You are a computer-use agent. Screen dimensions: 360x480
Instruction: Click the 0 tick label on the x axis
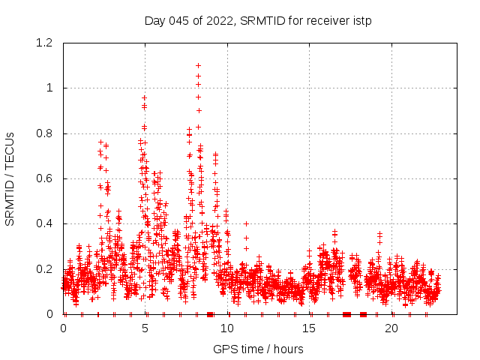pyautogui.click(x=63, y=328)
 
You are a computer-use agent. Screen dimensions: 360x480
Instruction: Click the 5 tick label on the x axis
pyautogui.click(x=145, y=328)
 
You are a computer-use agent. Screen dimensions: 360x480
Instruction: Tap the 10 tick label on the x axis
pyautogui.click(x=227, y=328)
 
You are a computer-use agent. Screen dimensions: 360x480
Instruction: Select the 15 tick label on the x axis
pyautogui.click(x=309, y=328)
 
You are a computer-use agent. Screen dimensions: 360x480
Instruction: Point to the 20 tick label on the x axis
pyautogui.click(x=391, y=328)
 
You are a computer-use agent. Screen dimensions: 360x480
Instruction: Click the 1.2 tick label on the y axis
pyautogui.click(x=48, y=43)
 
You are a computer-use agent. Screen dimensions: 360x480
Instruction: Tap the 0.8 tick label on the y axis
pyautogui.click(x=48, y=133)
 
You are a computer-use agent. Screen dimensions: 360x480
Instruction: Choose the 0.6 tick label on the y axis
pyautogui.click(x=48, y=178)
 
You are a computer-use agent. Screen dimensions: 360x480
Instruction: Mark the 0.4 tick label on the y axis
pyautogui.click(x=48, y=224)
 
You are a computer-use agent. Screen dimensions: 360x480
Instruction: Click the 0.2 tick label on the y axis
pyautogui.click(x=48, y=269)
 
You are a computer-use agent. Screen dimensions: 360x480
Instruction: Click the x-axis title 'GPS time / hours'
pyautogui.click(x=258, y=349)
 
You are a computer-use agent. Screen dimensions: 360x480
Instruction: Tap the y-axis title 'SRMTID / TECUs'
pyautogui.click(x=10, y=178)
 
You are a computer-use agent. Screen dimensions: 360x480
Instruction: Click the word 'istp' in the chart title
pyautogui.click(x=362, y=20)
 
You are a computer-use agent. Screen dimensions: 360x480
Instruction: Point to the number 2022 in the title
pyautogui.click(x=212, y=20)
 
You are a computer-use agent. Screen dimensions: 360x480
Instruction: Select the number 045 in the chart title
pyautogui.click(x=176, y=20)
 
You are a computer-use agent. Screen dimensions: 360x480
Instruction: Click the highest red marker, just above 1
pyautogui.click(x=198, y=65)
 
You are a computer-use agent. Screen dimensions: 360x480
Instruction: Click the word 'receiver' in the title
pyautogui.click(x=328, y=20)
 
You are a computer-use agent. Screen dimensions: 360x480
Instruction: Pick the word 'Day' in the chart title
pyautogui.click(x=154, y=20)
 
